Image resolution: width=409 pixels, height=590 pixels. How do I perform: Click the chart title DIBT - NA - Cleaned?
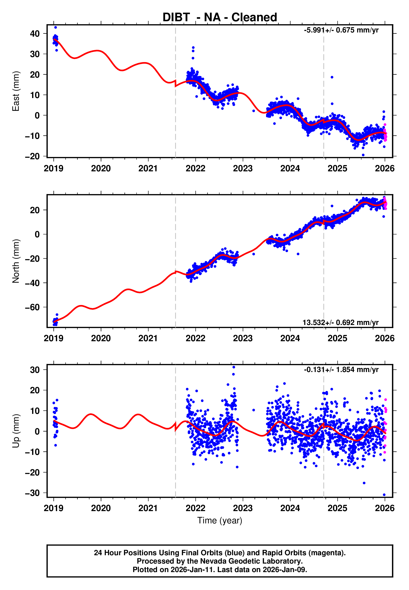coord(220,17)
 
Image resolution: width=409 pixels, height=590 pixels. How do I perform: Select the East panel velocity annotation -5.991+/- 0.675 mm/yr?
coord(341,30)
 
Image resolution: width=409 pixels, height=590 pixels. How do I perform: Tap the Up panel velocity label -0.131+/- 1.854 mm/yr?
coord(341,370)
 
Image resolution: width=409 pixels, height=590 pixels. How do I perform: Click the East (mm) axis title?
coord(16,91)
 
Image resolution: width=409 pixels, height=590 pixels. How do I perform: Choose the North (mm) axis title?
coord(16,261)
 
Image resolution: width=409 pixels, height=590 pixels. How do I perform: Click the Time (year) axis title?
coord(220,520)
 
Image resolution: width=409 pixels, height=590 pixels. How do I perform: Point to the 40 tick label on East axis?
coord(35,34)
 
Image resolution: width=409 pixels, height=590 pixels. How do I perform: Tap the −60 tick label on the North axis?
coord(32,307)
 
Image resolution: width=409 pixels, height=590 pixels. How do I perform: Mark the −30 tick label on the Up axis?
coord(32,493)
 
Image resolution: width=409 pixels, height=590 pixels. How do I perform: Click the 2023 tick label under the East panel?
coord(243,168)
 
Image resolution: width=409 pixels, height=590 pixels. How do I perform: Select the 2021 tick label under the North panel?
coord(148,338)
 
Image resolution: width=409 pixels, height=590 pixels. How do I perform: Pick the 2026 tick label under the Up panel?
coord(384,508)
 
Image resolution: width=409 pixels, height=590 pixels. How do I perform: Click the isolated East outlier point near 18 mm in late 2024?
coord(332,77)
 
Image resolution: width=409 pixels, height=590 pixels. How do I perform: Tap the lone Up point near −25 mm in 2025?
coord(364,483)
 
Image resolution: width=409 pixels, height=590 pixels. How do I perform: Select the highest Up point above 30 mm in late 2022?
coord(234,367)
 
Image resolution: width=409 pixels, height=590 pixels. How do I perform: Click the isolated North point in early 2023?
coord(254,254)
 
